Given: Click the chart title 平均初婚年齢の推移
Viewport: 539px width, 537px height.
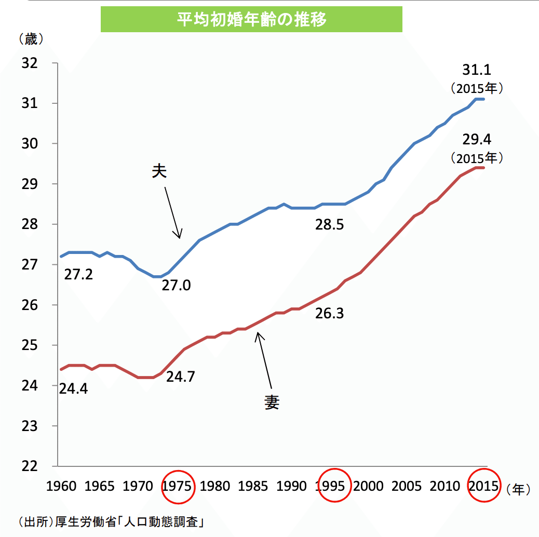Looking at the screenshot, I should [x=251, y=19].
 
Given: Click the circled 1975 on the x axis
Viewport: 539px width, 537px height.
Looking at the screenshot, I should [x=178, y=487].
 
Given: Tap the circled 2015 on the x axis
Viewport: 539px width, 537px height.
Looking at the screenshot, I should [x=483, y=487].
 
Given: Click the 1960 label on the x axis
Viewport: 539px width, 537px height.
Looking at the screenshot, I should [x=61, y=487].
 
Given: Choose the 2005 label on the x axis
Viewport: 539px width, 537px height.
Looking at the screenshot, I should [x=407, y=487].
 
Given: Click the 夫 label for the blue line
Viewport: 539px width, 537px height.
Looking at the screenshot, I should [x=159, y=172].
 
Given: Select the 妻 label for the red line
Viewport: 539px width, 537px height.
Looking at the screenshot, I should [x=272, y=401].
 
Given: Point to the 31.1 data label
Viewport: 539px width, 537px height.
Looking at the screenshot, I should [x=477, y=70].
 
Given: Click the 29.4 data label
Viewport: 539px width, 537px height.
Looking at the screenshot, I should [x=477, y=139].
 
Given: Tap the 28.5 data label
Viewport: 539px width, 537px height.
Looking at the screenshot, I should [x=330, y=225].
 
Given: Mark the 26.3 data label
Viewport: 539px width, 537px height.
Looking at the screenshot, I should [x=330, y=314].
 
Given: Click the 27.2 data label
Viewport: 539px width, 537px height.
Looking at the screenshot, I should [x=78, y=274].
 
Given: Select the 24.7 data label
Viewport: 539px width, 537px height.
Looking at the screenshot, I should [x=180, y=377].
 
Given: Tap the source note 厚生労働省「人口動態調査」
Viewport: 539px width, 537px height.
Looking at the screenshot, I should [x=111, y=521].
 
